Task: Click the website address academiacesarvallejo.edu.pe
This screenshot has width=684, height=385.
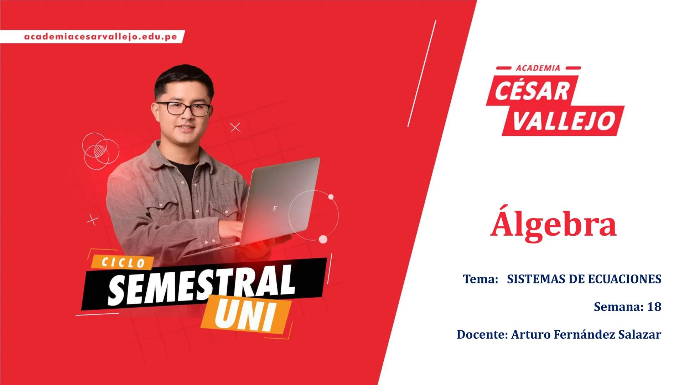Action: coord(101,37)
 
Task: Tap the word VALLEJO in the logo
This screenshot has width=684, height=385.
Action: coord(565,120)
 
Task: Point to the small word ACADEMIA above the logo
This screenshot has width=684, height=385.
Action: coord(538,68)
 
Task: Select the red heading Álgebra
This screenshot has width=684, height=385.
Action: coord(553,224)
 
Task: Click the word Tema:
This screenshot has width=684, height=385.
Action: coord(480,279)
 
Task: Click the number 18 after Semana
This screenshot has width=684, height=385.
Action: coord(654,307)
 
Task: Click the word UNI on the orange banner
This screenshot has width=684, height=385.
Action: coord(245,315)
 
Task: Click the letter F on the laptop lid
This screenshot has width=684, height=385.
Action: coord(275,209)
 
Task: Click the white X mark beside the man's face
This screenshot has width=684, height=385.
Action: coord(235,127)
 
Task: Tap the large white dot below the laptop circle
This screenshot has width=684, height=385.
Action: coord(323,239)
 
